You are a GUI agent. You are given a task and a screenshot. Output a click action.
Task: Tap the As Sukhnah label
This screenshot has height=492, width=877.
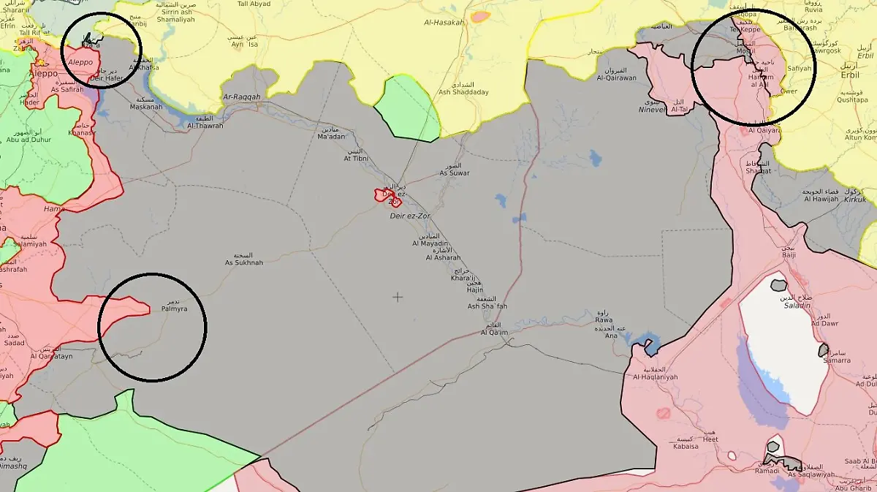pyautogui.click(x=243, y=262)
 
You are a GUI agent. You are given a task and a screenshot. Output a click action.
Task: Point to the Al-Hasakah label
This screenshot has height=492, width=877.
pyautogui.click(x=444, y=23)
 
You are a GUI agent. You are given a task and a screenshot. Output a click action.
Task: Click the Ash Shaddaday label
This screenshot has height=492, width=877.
pyautogui.click(x=463, y=92)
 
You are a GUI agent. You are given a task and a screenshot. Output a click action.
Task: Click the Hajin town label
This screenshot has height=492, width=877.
pyautogui.click(x=475, y=289)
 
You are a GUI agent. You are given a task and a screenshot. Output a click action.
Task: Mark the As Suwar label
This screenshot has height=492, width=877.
pyautogui.click(x=455, y=173)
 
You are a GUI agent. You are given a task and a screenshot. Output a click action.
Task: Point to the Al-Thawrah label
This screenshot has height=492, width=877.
pyautogui.click(x=205, y=126)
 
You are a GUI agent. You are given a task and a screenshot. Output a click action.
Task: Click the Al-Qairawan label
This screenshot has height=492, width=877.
pyautogui.click(x=616, y=77)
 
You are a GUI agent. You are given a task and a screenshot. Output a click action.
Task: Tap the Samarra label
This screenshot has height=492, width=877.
pyautogui.click(x=837, y=360)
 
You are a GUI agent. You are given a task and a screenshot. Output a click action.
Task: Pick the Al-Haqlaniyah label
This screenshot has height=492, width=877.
pyautogui.click(x=656, y=376)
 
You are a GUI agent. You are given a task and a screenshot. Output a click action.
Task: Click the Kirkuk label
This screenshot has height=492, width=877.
pyautogui.click(x=855, y=200)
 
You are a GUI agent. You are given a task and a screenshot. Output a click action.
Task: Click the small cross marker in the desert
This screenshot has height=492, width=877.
pyautogui.click(x=398, y=297)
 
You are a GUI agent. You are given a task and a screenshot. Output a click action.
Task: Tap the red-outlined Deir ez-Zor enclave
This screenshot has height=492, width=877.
pyautogui.click(x=387, y=196)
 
